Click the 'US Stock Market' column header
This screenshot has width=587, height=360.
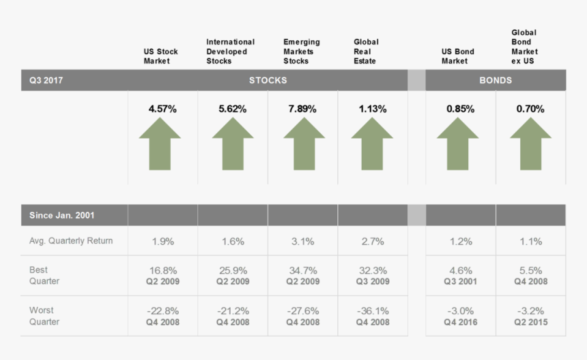click(160, 56)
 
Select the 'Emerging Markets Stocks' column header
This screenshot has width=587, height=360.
click(301, 51)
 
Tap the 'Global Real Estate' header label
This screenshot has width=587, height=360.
click(366, 51)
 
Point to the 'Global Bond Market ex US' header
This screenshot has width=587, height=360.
click(524, 46)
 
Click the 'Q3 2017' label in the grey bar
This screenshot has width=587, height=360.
click(44, 80)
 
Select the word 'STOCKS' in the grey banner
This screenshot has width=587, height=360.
click(268, 80)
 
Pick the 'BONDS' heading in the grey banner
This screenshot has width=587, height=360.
click(495, 80)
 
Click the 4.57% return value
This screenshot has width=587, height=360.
click(162, 109)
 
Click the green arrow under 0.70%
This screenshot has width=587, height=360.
click(530, 143)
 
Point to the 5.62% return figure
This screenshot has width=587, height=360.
click(233, 109)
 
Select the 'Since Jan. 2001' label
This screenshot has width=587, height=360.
click(61, 215)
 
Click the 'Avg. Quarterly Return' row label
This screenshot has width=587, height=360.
click(71, 240)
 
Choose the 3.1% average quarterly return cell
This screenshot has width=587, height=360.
click(302, 241)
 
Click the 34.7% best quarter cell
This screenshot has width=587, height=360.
click(302, 271)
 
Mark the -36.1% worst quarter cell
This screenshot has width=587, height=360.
click(373, 311)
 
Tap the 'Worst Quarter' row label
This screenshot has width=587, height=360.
click(44, 316)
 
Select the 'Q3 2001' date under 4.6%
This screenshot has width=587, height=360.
click(461, 281)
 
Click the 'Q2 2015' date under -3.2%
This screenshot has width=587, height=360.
click(530, 322)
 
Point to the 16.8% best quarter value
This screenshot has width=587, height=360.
click(162, 271)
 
